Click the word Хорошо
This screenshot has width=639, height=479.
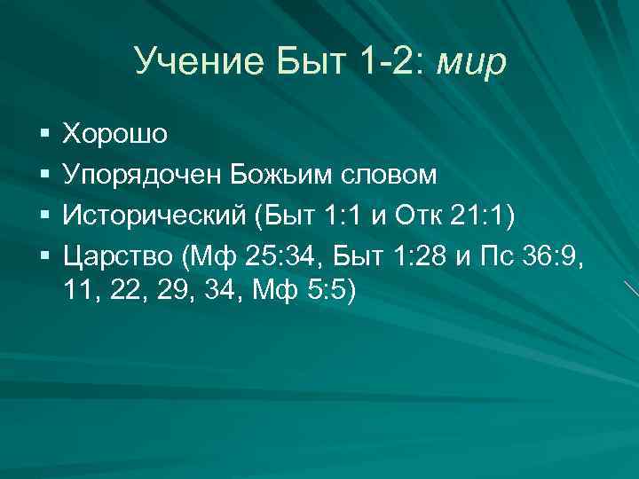(x=114, y=134)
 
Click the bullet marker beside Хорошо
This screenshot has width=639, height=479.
(x=43, y=135)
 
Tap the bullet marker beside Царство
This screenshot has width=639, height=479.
(x=43, y=259)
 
